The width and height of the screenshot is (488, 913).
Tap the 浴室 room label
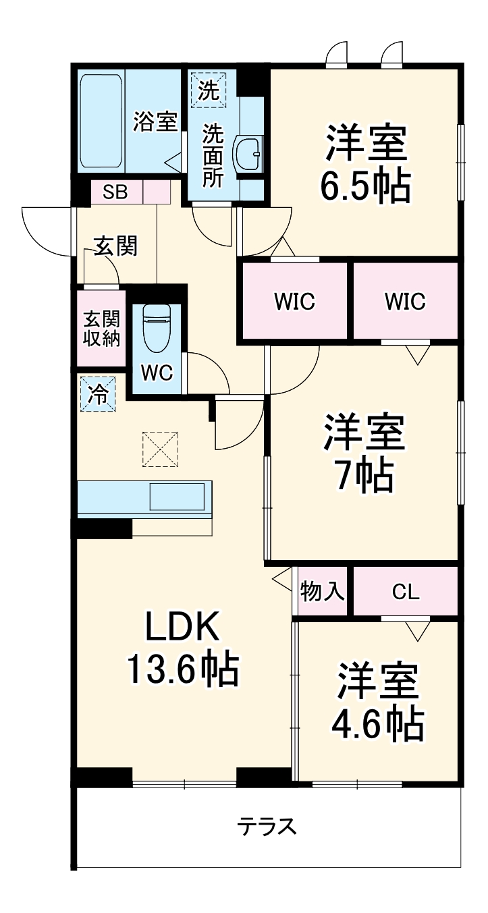(x=155, y=121)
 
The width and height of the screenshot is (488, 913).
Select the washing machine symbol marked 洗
(x=209, y=90)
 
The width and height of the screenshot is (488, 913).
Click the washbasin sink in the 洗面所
(x=248, y=154)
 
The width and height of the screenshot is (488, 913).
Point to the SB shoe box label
(x=115, y=192)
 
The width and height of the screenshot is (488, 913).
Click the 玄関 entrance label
(x=115, y=247)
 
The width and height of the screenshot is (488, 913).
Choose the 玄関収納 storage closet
(x=101, y=329)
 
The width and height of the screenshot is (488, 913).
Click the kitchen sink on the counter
(x=175, y=497)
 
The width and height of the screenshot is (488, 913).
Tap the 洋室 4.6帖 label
(x=377, y=702)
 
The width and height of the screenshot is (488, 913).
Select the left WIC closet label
(x=294, y=302)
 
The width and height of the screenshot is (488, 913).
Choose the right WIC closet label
(x=405, y=302)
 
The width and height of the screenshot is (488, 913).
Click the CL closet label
(x=406, y=592)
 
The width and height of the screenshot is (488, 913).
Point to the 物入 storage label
(x=323, y=592)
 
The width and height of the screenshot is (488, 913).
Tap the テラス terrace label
(x=267, y=825)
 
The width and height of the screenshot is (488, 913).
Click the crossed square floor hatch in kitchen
(x=161, y=449)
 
